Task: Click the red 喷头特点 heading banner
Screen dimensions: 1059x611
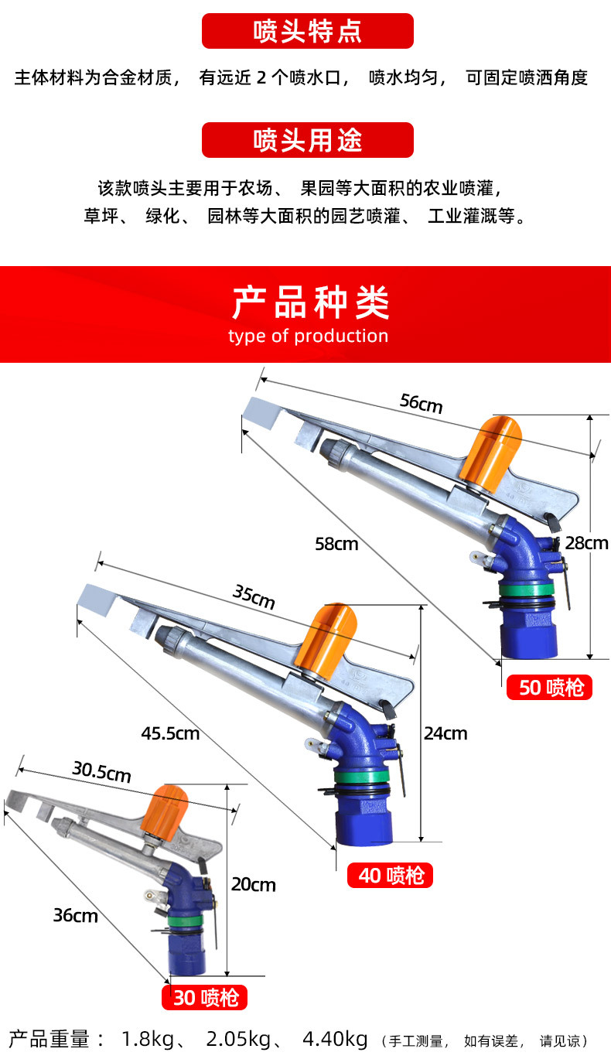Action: (x=307, y=32)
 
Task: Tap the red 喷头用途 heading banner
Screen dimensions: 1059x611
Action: (x=307, y=140)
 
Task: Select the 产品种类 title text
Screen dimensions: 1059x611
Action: (x=310, y=302)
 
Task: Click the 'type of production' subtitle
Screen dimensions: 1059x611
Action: (x=308, y=336)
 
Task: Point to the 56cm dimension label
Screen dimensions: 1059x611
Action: (x=422, y=403)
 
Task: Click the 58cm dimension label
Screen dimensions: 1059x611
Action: (x=336, y=544)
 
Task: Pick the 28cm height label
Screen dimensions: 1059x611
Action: (x=586, y=542)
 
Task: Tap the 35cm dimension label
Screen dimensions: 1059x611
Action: (x=254, y=597)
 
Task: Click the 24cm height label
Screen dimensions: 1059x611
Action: (x=445, y=733)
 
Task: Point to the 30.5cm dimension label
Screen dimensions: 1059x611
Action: (x=101, y=772)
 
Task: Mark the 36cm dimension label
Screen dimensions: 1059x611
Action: (x=75, y=915)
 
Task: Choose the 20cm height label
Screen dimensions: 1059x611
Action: (x=254, y=884)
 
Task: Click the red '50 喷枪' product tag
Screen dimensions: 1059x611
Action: (x=549, y=687)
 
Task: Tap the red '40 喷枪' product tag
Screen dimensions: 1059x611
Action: (x=391, y=876)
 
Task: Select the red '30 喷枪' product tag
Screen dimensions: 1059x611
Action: (x=205, y=998)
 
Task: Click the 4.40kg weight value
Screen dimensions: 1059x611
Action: (x=334, y=1038)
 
